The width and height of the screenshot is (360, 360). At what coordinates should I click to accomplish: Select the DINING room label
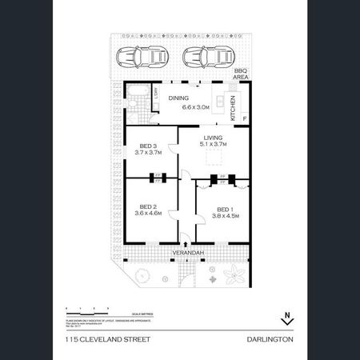tap(178, 98)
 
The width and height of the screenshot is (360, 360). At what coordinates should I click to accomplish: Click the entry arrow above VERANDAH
tap(182, 238)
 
